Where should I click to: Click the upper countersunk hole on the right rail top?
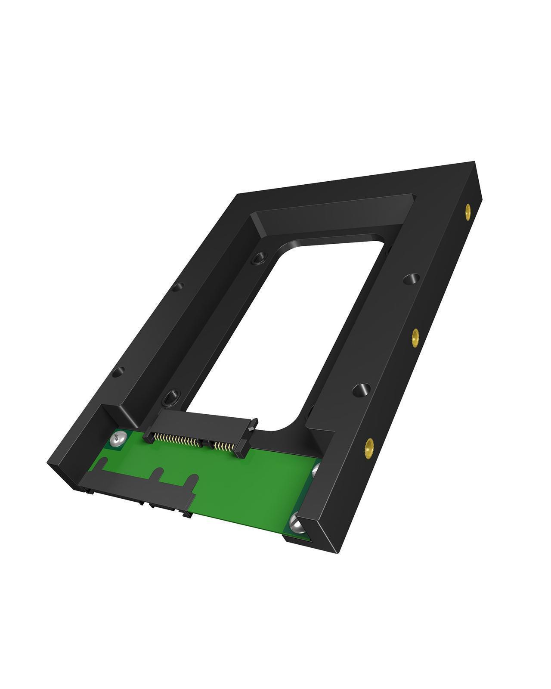point(412,279)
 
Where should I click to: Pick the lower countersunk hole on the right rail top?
point(362,391)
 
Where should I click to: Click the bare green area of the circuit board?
point(250,482)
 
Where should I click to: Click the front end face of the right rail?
point(316,538)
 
